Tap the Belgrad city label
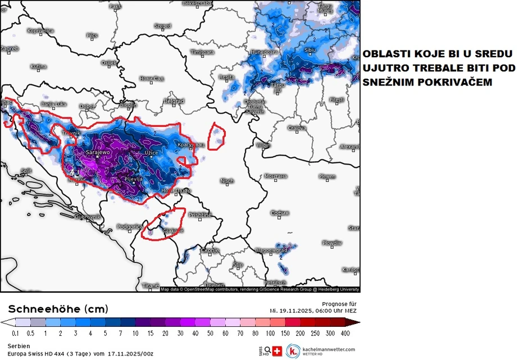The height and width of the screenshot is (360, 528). (x=174, y=102)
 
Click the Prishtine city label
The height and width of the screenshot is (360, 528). (x=200, y=215)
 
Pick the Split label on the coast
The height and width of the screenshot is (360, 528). (x=26, y=171)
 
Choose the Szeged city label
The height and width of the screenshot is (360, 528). (x=163, y=26)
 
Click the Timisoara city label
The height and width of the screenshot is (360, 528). (x=202, y=52)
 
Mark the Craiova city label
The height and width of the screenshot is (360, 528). (x=297, y=129)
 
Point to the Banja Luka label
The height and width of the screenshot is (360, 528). (x=54, y=104)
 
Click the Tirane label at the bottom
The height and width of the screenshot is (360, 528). (x=151, y=286)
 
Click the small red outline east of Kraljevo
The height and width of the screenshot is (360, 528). (x=216, y=137)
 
